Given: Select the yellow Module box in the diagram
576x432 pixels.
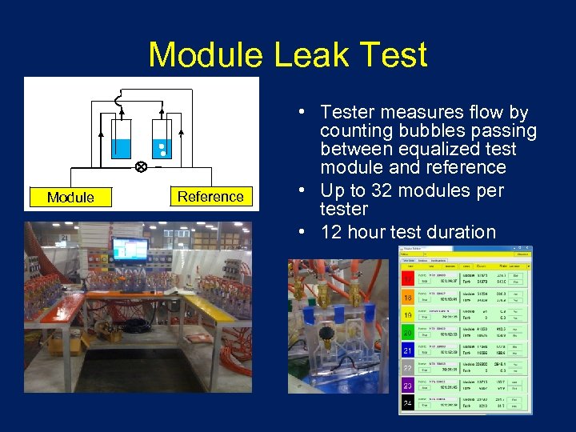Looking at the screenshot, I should tap(70, 197).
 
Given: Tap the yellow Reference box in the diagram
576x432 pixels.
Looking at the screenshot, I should tap(210, 196).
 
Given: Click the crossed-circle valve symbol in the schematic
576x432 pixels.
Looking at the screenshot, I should tap(141, 167).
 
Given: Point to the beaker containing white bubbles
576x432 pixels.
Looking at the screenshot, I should tap(162, 141).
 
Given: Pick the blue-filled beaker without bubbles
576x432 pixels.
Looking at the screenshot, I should tap(122, 141).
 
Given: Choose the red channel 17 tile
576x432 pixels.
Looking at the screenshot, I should tap(408, 279).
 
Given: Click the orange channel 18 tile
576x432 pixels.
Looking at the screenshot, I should tap(408, 298).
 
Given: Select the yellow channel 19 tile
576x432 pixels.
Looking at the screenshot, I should tap(408, 315).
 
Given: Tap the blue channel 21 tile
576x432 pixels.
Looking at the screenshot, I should tap(408, 350).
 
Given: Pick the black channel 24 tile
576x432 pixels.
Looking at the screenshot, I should tap(408, 402).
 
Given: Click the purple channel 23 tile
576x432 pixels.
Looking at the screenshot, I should tap(408, 385).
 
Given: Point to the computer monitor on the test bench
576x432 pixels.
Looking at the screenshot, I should tap(130, 250).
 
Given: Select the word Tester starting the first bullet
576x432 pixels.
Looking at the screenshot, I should tap(347, 113).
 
